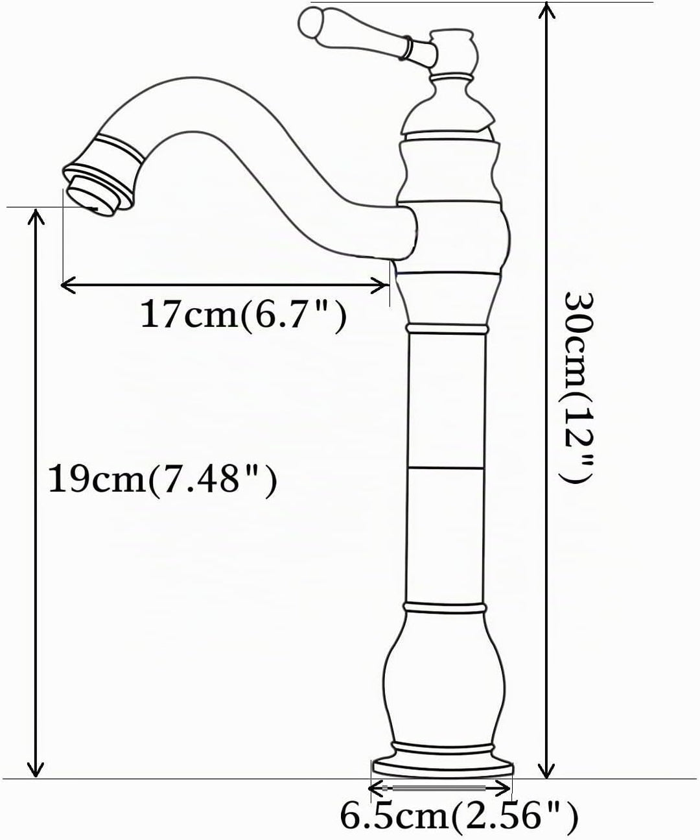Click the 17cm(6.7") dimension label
244,315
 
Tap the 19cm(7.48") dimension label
163,479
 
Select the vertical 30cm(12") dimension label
577,389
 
